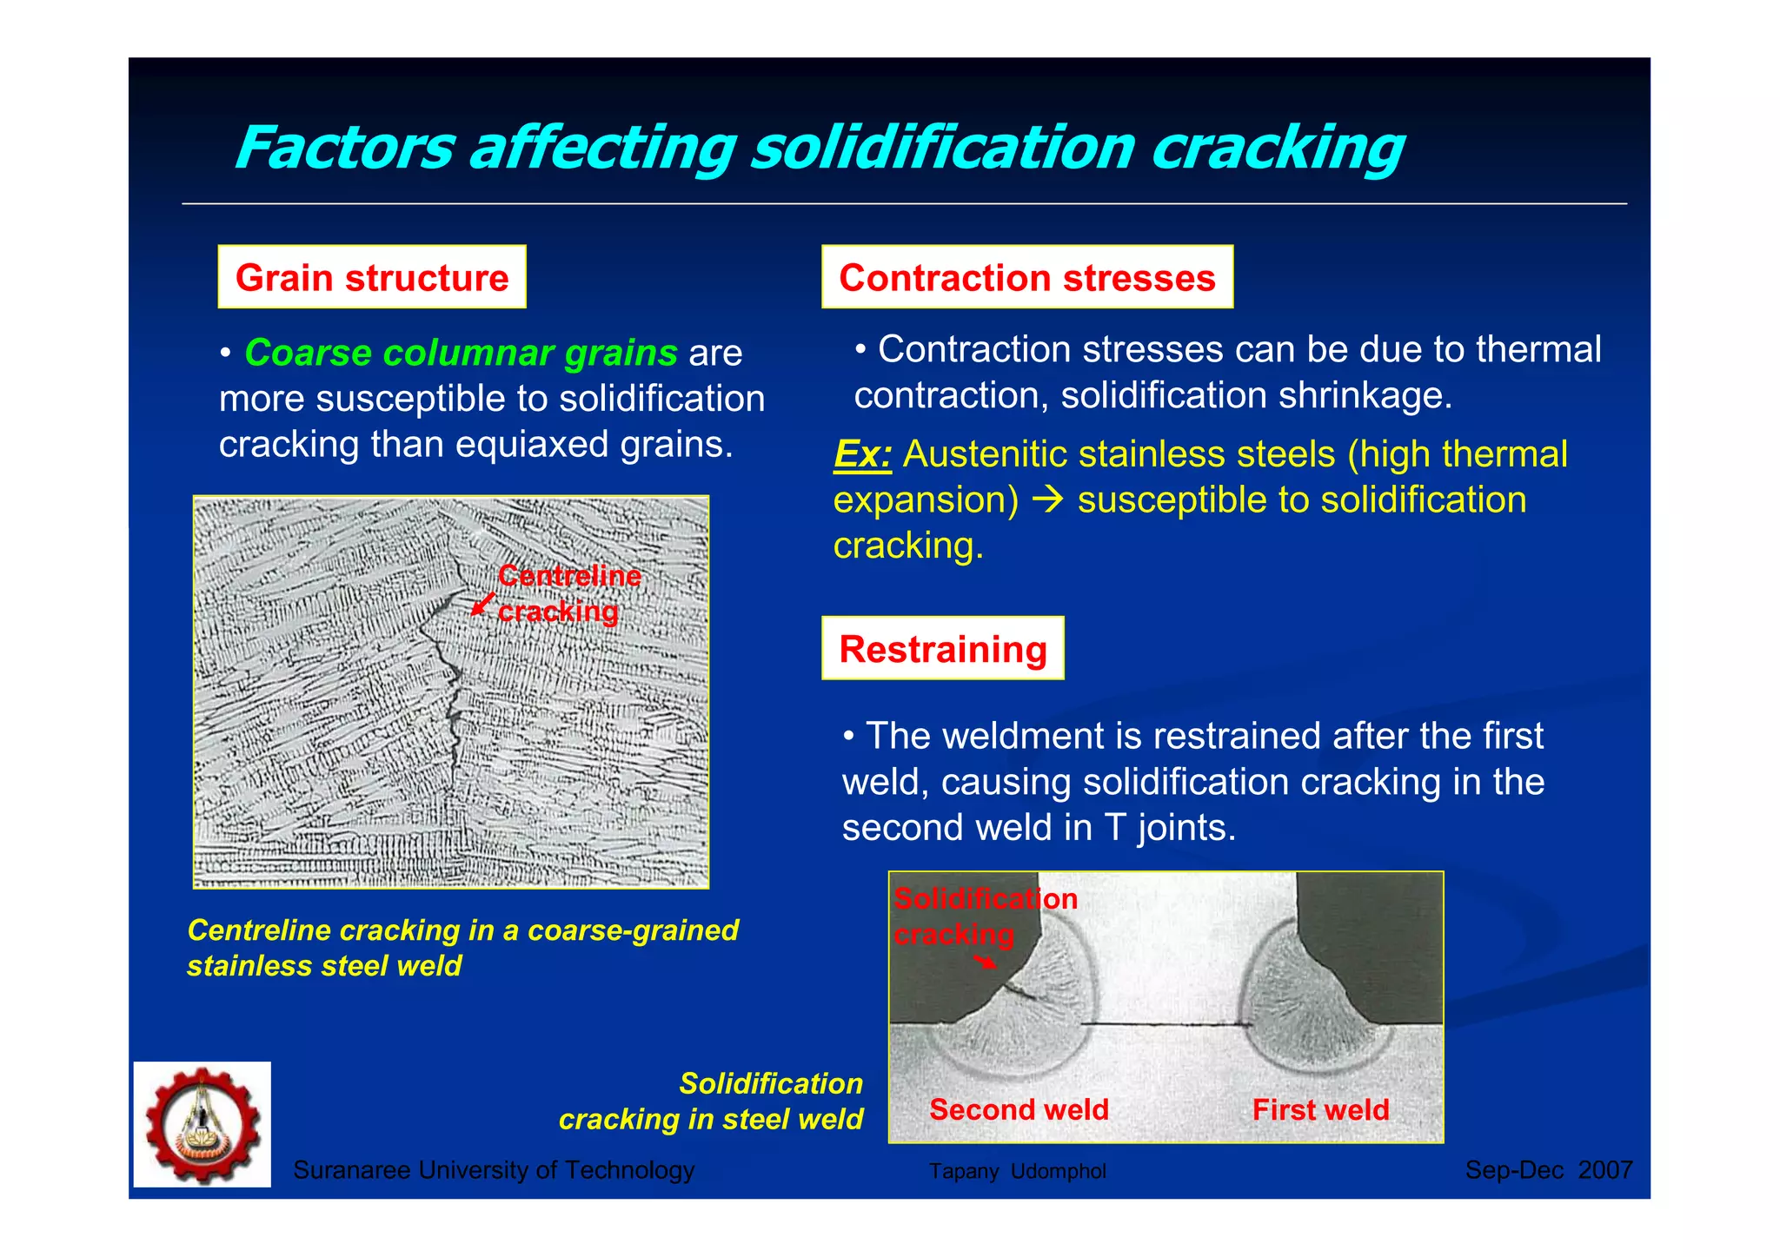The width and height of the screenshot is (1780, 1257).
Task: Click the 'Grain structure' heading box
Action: click(372, 277)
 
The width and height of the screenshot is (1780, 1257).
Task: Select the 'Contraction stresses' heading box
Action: click(1026, 277)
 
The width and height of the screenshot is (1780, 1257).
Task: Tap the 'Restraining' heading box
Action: click(942, 648)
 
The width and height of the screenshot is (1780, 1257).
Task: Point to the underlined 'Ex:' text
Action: click(862, 454)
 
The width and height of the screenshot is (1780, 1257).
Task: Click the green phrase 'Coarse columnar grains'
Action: click(461, 353)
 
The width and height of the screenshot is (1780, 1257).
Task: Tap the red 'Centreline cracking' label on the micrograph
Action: click(569, 593)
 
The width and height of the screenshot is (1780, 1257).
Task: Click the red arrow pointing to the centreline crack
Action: click(482, 604)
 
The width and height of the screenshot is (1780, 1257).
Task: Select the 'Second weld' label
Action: click(1019, 1109)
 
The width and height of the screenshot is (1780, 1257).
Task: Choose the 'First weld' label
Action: click(1320, 1109)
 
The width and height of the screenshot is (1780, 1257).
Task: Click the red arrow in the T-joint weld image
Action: click(985, 961)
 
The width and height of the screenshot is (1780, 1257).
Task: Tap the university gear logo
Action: click(203, 1124)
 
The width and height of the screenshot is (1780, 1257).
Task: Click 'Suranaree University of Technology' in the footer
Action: click(494, 1170)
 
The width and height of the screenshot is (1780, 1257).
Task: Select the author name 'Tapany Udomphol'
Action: click(1017, 1171)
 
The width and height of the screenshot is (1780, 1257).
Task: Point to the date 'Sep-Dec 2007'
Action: click(1548, 1170)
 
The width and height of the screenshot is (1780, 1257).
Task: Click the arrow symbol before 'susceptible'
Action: click(1050, 499)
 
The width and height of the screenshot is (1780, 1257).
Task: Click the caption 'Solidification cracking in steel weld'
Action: click(711, 1101)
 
